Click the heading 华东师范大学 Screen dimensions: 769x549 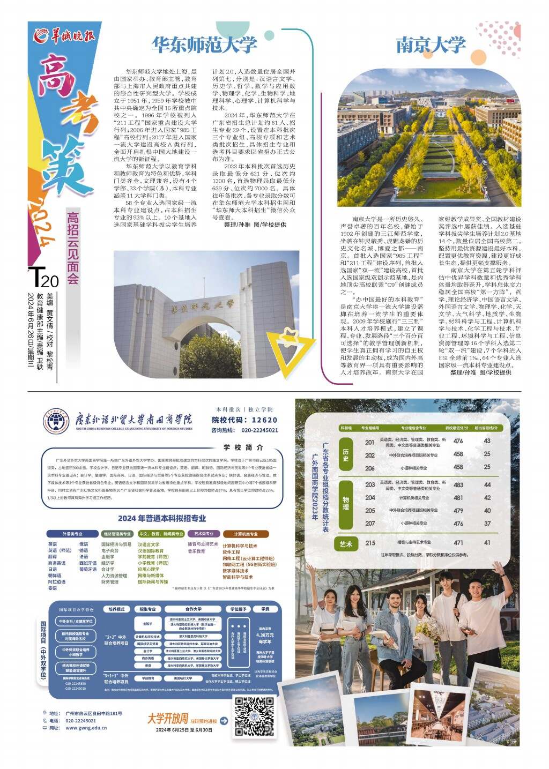coord(204,44)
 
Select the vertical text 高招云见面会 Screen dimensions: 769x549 coord(73,248)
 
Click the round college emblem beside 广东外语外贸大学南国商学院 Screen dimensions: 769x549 coord(56,421)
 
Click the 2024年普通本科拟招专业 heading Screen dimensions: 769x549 coord(162,518)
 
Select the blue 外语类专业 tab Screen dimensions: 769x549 coord(72,534)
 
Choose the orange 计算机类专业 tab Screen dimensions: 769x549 coord(246,534)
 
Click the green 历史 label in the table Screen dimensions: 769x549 coord(346,455)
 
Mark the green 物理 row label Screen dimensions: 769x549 coord(346,504)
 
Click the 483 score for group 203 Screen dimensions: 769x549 coord(458,484)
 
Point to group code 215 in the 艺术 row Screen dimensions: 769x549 coord(370,542)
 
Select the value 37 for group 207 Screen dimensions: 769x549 coord(487,524)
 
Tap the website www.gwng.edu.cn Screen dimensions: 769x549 coord(86,728)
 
